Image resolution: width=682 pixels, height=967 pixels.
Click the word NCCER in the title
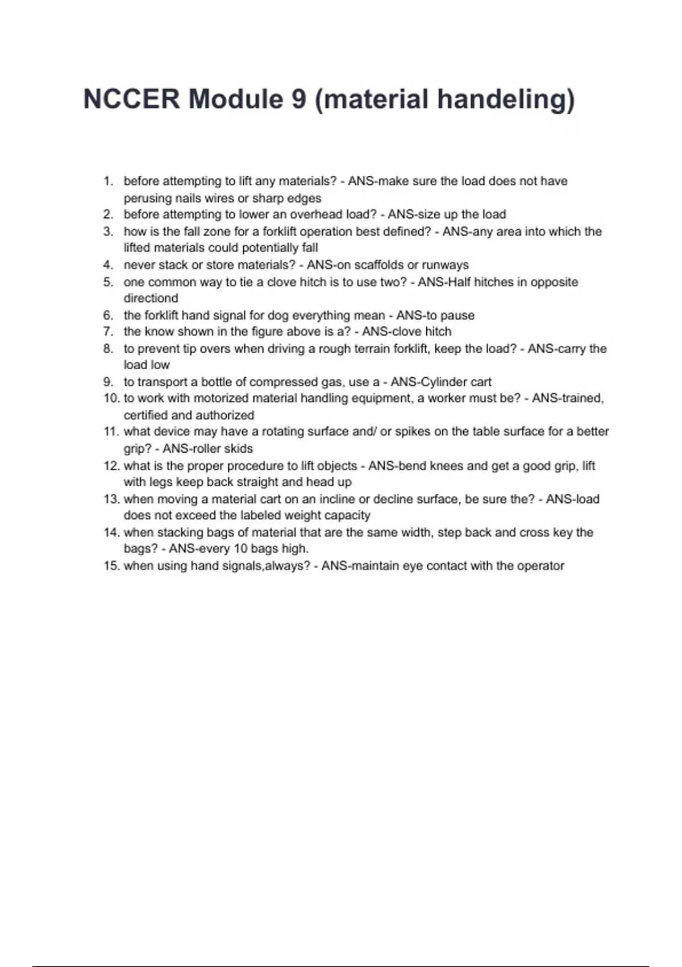131,99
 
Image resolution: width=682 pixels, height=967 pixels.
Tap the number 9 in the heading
299,99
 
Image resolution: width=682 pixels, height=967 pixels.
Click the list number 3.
108,232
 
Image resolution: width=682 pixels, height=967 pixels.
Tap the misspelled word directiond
151,298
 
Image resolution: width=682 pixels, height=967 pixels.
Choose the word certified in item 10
145,415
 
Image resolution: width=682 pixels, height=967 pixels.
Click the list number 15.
111,566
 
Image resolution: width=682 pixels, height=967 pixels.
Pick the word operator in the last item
540,566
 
